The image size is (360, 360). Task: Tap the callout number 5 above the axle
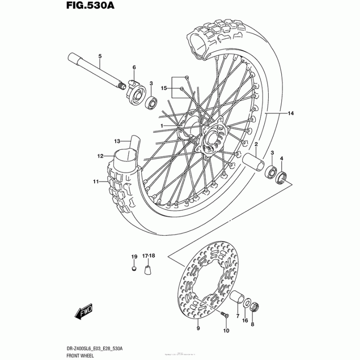(x=99, y=56)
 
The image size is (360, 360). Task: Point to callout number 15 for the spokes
(x=164, y=89)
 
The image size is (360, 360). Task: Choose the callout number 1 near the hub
(x=161, y=125)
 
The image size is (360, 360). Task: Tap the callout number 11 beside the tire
(x=95, y=182)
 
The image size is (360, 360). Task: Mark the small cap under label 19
(x=134, y=269)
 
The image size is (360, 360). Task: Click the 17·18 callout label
(x=148, y=256)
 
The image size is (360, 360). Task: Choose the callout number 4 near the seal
(x=282, y=158)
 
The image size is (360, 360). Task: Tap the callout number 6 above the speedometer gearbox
(x=134, y=67)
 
